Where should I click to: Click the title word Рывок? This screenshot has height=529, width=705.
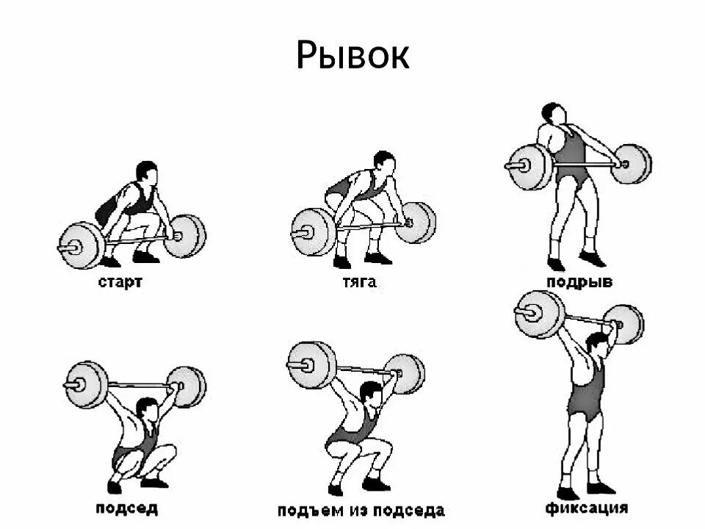[352, 55]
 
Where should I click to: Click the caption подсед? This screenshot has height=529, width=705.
[126, 508]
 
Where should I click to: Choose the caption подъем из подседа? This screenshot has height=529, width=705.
[361, 510]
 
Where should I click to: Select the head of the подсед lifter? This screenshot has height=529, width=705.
[148, 408]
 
